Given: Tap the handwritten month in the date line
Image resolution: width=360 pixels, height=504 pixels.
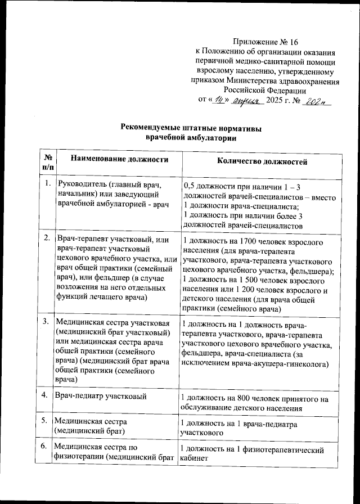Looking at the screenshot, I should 248,100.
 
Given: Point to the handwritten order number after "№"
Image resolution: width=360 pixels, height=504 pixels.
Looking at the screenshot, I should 318,100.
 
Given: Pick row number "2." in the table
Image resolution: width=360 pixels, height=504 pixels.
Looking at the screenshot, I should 47,239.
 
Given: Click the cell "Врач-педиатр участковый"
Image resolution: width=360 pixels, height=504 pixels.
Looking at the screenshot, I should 100,397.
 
